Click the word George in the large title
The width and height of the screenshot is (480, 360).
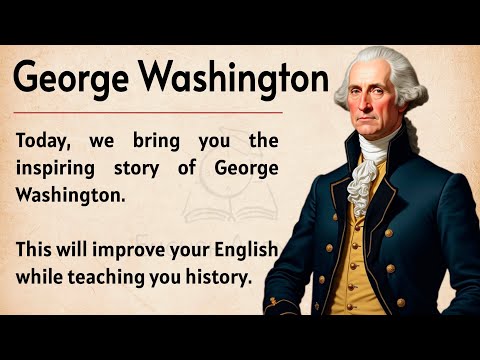tap(68, 78)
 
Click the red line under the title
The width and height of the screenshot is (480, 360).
tap(150, 112)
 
